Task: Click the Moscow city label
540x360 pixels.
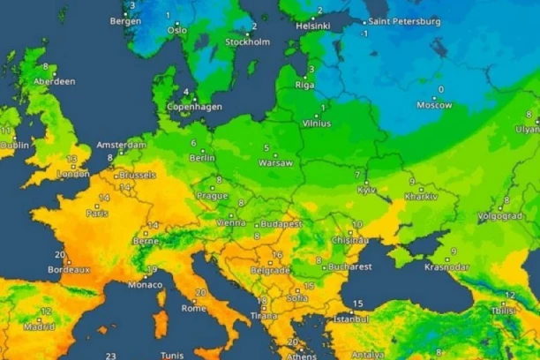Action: (x=435, y=105)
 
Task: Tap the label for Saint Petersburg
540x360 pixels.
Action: (x=403, y=20)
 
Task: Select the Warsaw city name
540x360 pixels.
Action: (x=275, y=163)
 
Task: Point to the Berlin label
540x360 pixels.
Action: (x=202, y=158)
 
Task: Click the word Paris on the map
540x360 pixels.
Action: (x=98, y=213)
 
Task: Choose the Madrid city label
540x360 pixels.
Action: (x=39, y=326)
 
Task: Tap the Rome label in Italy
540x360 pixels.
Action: (x=194, y=308)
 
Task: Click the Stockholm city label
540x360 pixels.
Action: (x=247, y=41)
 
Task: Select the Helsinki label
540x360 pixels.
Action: (x=313, y=26)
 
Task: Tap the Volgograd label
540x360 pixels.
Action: (x=499, y=215)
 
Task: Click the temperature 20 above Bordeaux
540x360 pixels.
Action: (x=59, y=254)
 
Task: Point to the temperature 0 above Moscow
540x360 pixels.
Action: (x=440, y=89)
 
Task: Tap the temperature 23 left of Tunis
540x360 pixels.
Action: (x=110, y=355)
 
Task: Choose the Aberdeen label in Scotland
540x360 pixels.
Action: (x=54, y=80)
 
